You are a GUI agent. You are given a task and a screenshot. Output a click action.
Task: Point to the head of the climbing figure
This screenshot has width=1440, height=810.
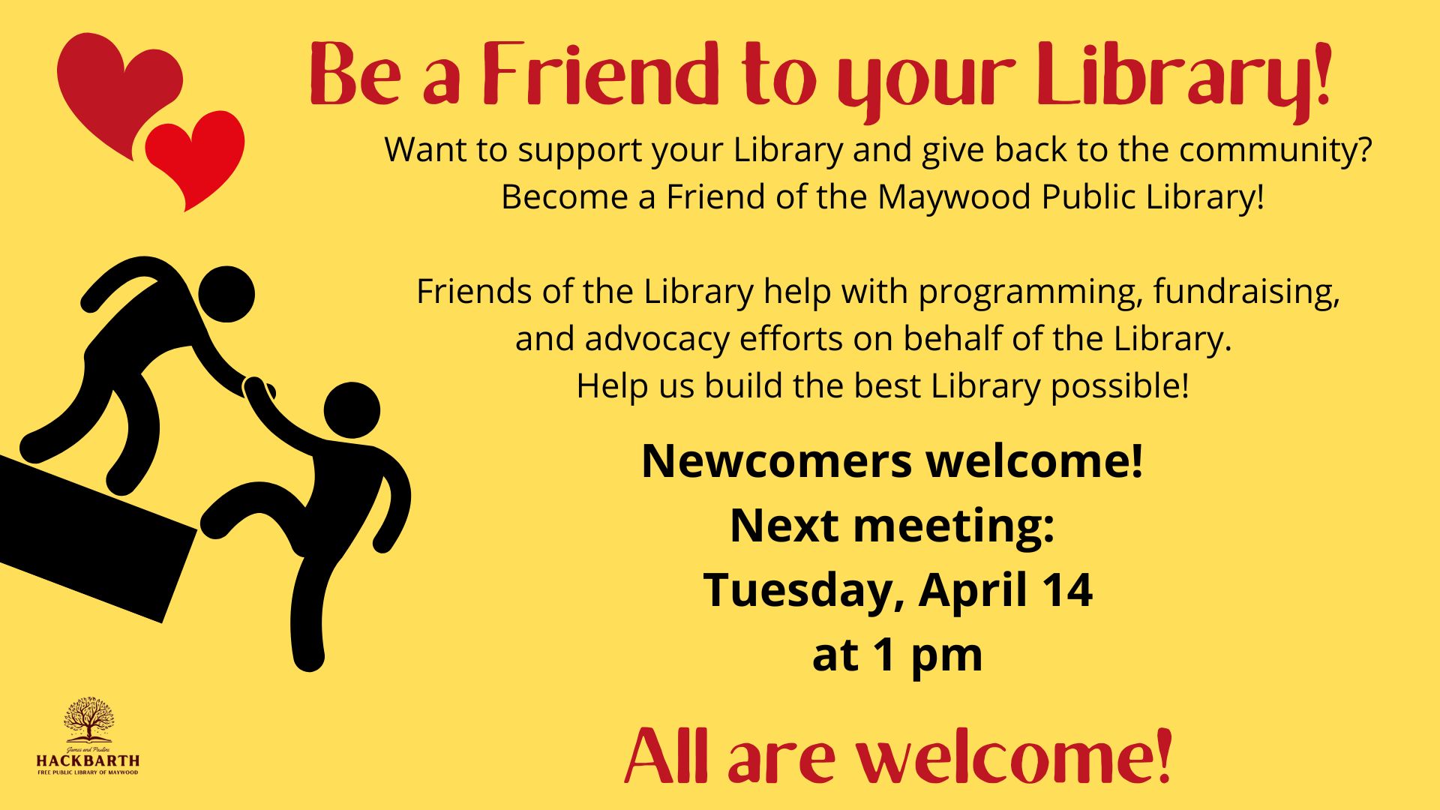(x=352, y=410)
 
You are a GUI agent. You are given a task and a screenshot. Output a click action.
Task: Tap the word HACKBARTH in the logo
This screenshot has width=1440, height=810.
(x=88, y=760)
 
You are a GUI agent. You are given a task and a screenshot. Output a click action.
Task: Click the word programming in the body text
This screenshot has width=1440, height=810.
(x=1030, y=292)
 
